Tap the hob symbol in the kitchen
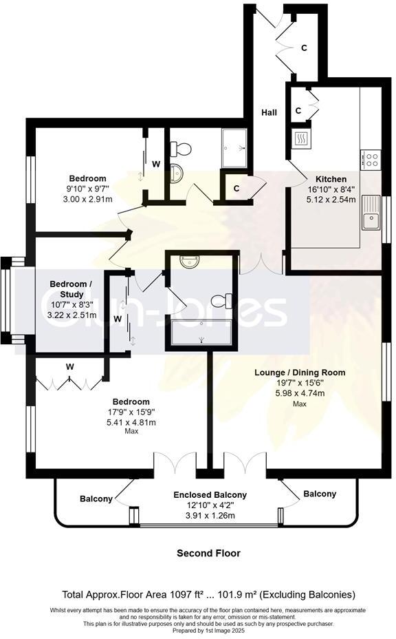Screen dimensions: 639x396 [x=372, y=160]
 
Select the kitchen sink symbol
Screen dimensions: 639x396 [x=371, y=212]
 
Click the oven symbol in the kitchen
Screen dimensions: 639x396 [x=300, y=139]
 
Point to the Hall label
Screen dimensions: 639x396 [x=269, y=112]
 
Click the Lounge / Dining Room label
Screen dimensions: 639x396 [x=300, y=373]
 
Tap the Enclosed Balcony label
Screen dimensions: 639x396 [x=210, y=494]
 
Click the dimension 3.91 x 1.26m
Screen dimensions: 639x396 [x=210, y=515]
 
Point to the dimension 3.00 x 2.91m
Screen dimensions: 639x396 [x=87, y=199]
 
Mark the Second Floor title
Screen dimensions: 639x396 [x=209, y=553]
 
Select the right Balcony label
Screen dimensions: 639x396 [x=320, y=494]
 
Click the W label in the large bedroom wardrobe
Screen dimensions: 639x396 [x=69, y=366]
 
